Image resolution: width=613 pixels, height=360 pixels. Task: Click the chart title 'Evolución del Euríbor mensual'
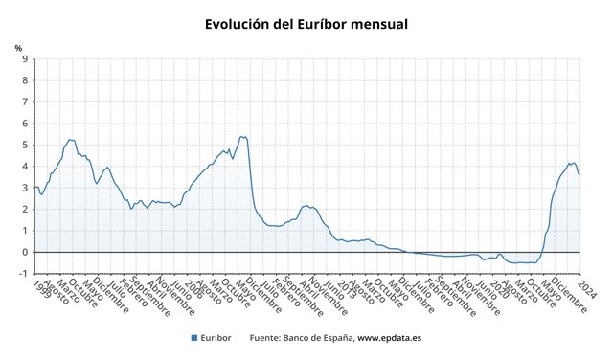click(x=306, y=23)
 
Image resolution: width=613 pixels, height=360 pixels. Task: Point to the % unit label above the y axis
click(x=18, y=48)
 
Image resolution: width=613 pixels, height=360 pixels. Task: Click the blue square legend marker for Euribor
click(x=193, y=337)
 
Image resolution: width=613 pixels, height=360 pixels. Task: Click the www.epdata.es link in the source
click(x=392, y=337)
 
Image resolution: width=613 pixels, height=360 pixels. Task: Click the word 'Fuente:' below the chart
click(x=264, y=337)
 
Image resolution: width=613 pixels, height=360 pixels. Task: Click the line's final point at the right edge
click(x=579, y=174)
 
